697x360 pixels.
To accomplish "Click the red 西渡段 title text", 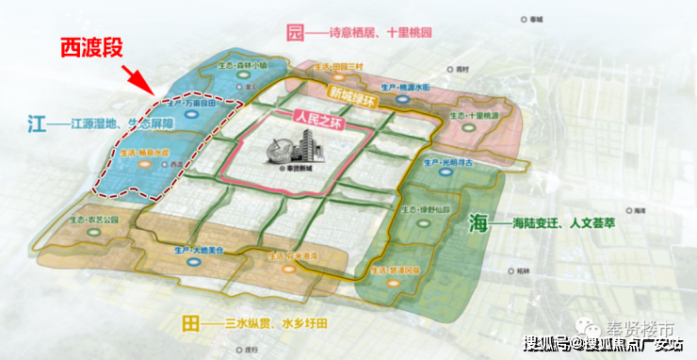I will click(x=89, y=46).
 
